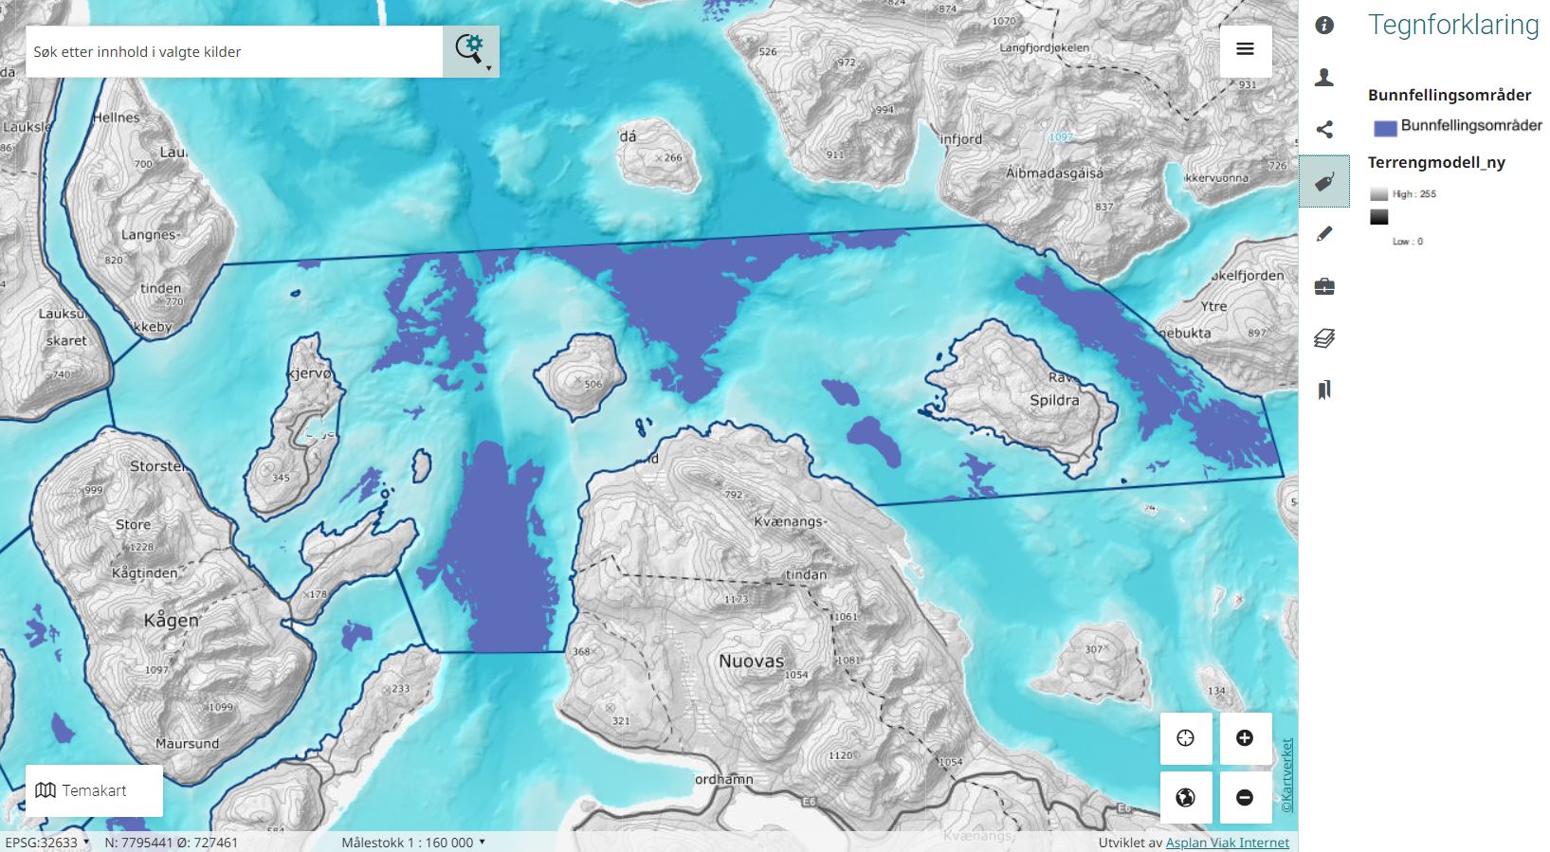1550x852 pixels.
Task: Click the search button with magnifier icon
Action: point(470,51)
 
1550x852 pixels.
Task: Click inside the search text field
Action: point(233,52)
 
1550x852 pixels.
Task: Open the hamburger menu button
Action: point(1245,49)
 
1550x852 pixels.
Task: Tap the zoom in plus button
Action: point(1245,738)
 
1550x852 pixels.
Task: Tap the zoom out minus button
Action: point(1245,797)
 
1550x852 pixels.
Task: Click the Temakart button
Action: point(94,790)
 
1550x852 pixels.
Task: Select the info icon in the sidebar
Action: point(1324,26)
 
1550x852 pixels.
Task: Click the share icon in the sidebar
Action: point(1324,130)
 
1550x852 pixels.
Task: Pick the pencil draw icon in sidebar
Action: point(1324,234)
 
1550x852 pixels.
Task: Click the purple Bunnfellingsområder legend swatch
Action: point(1385,128)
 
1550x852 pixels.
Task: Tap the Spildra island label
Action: point(1054,400)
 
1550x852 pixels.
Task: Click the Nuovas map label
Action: point(751,661)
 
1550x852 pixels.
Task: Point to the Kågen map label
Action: point(172,620)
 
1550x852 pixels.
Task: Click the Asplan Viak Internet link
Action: point(1227,843)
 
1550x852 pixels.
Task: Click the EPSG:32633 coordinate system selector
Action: point(46,843)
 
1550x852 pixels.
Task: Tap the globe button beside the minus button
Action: point(1185,797)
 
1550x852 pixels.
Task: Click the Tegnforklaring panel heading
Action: point(1452,25)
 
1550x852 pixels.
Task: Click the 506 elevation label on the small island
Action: point(593,384)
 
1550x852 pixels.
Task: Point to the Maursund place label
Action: point(187,744)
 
